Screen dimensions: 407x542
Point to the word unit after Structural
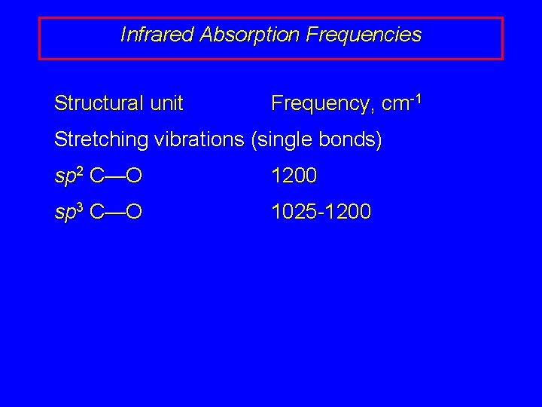point(166,103)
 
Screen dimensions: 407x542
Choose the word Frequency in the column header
point(322,103)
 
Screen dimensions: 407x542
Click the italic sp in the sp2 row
point(64,178)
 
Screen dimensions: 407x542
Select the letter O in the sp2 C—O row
point(134,176)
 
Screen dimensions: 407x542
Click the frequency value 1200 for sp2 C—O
point(294,176)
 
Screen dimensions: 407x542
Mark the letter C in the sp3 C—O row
point(96,213)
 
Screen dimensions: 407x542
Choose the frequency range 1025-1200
point(321,213)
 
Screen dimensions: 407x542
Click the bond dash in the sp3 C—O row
point(114,213)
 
